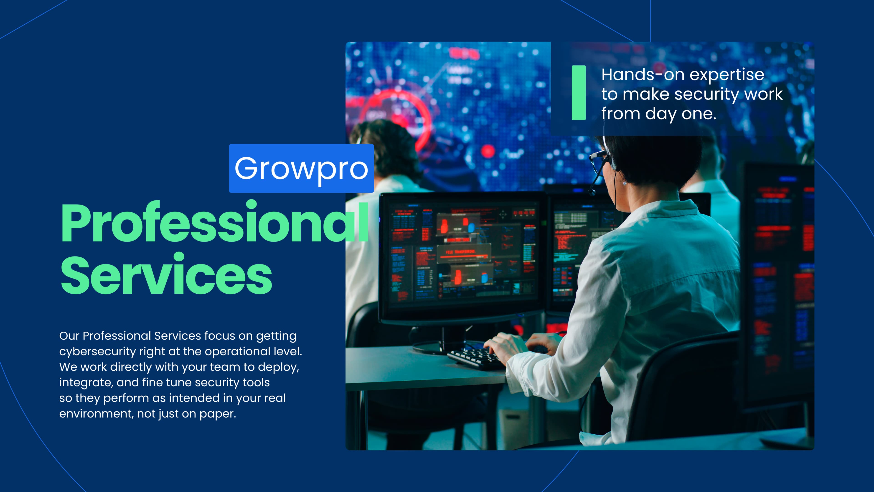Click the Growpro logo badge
click(x=301, y=168)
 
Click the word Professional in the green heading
click(x=214, y=222)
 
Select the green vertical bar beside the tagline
click(x=579, y=93)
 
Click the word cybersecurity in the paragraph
click(x=97, y=352)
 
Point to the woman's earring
click(x=625, y=183)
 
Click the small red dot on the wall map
click(x=488, y=151)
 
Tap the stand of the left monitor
click(x=443, y=340)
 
